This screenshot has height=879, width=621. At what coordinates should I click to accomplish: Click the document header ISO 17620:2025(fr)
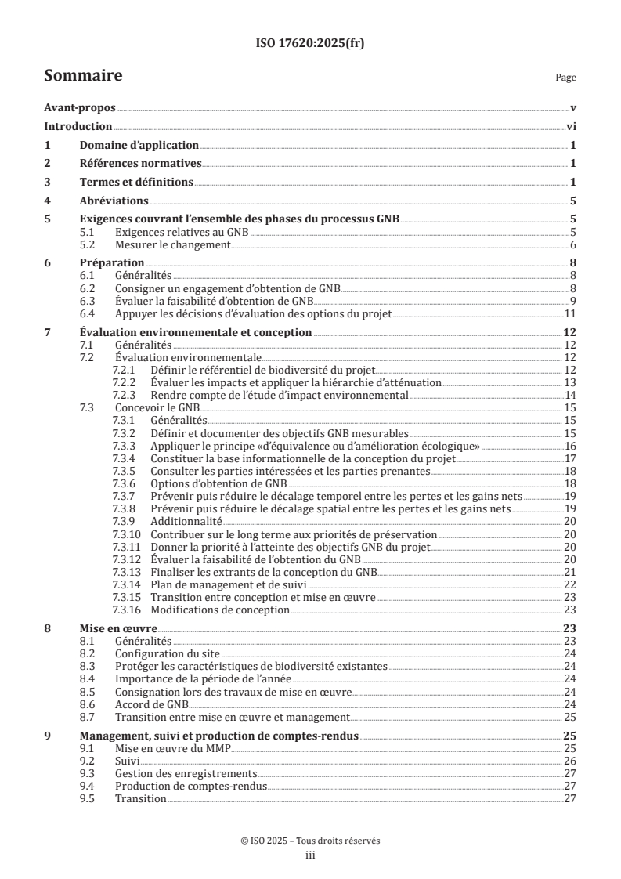tap(310, 44)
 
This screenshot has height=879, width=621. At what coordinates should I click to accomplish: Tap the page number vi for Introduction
tap(571, 126)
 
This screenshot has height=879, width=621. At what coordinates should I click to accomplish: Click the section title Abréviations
tap(114, 201)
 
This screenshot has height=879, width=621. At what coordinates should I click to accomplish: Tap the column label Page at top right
tap(565, 78)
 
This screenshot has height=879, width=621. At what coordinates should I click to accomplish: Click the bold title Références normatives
tap(141, 164)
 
